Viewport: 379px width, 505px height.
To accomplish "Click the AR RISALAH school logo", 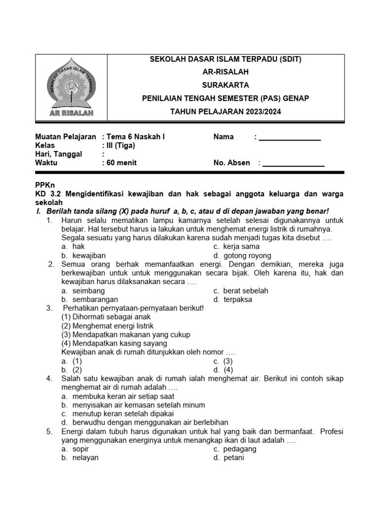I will [72, 89].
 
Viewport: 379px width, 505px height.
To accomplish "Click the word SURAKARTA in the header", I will [225, 85].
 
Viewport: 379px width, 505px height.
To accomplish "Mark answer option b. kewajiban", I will [83, 255].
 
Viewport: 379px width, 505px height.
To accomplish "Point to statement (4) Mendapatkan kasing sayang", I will [114, 343].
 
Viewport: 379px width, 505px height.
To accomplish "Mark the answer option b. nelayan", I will [80, 458].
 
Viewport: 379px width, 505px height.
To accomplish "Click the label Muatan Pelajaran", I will [66, 137].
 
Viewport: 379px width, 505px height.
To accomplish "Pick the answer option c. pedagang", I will [234, 449].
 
